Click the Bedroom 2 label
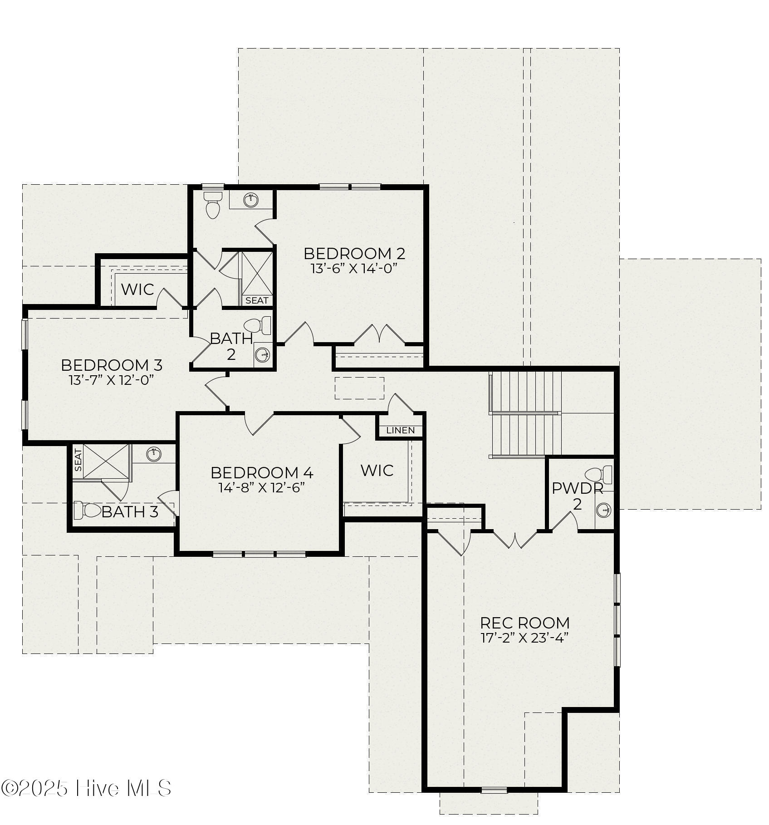click(354, 253)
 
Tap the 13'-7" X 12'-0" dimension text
click(112, 380)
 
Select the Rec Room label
click(524, 623)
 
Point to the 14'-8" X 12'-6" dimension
click(261, 487)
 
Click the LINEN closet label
click(400, 430)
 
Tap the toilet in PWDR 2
click(599, 474)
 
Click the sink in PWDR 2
click(604, 510)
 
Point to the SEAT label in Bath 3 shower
click(78, 460)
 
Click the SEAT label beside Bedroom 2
click(257, 300)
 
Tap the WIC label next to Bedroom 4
click(377, 471)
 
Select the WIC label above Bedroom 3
click(137, 289)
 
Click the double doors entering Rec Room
click(515, 539)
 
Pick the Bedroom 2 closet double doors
click(379, 334)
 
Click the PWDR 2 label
click(577, 496)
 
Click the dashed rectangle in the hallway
click(359, 388)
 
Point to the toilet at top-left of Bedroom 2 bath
click(212, 205)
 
